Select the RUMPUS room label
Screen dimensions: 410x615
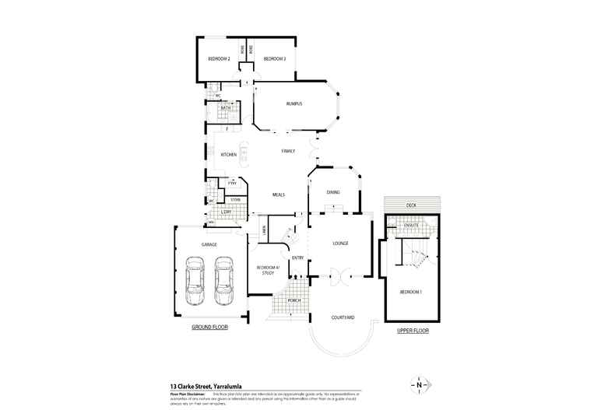(293, 103)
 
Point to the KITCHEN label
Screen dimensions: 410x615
(228, 155)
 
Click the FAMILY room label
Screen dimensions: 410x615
(288, 150)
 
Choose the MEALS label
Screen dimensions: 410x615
(279, 195)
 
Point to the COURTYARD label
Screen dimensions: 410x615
(343, 317)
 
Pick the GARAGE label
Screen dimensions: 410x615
(209, 245)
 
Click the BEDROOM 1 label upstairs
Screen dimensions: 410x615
(410, 292)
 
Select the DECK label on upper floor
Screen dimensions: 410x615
(411, 205)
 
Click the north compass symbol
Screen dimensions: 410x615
(419, 385)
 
